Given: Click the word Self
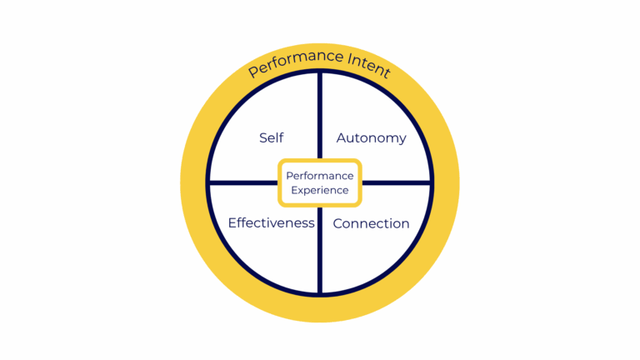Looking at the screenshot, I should tap(271, 137).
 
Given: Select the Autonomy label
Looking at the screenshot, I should tap(371, 138).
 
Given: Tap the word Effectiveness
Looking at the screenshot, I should tap(271, 223).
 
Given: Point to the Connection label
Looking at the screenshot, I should tap(371, 223).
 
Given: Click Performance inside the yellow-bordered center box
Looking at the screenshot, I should tap(320, 176).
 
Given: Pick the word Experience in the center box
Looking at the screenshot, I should tap(320, 190).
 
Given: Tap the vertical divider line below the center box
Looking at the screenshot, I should tap(320, 250).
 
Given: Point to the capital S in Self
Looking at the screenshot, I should tap(262, 137).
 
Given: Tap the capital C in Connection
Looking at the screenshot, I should tap(337, 223).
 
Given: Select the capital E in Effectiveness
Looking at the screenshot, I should tap(232, 222).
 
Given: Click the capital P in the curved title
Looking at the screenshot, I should tap(253, 73).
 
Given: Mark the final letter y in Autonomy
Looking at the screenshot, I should tap(402, 140).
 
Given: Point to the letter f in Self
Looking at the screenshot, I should tap(281, 137).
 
